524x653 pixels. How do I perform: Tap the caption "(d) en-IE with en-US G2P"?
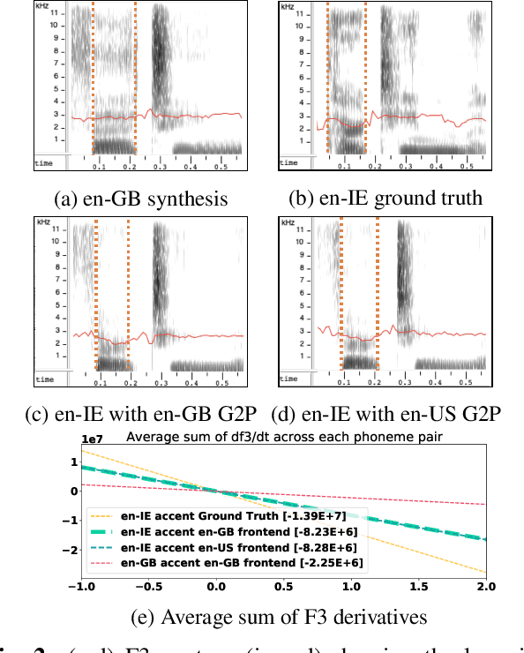tap(386, 414)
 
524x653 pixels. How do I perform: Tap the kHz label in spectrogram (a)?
tap(42, 7)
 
